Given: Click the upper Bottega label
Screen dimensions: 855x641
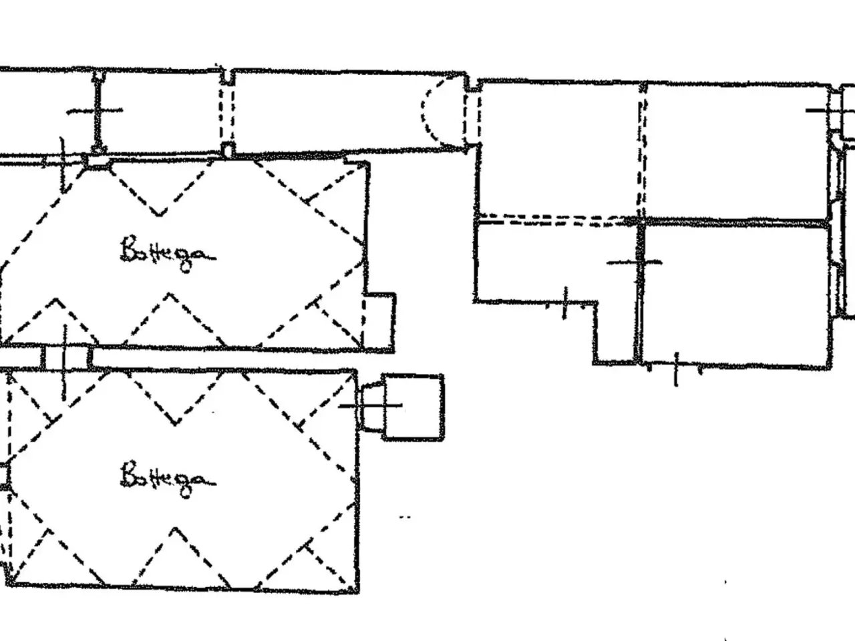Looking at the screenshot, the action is click(x=168, y=253).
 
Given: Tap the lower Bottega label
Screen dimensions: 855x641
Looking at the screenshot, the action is click(x=168, y=479).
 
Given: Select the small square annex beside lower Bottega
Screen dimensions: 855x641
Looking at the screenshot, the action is click(x=413, y=407).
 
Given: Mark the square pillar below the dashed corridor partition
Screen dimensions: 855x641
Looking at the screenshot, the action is click(x=228, y=150).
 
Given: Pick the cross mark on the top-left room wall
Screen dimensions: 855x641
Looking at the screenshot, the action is click(x=96, y=111).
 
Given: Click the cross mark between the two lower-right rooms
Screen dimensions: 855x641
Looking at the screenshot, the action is click(x=635, y=262).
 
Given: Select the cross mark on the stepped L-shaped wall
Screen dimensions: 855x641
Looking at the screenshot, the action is click(x=566, y=304).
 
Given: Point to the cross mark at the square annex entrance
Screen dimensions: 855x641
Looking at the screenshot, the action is click(x=371, y=406).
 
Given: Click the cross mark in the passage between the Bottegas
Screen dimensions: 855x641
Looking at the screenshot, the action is click(x=65, y=357).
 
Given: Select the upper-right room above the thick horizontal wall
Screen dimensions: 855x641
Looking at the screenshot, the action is click(x=736, y=152).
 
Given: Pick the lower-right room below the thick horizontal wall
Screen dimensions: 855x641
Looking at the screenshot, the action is click(x=736, y=296).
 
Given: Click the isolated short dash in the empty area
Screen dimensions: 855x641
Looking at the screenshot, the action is click(x=405, y=517).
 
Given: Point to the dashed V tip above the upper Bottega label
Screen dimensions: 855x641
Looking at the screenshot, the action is click(x=159, y=215).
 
